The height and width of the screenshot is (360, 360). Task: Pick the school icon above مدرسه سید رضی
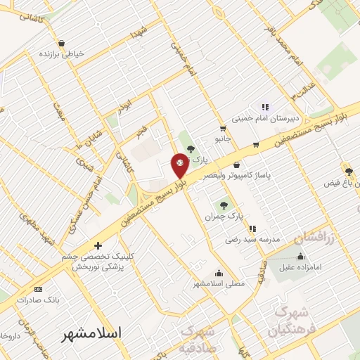click(252, 228)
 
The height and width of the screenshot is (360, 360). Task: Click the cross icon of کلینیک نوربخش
click(98, 245)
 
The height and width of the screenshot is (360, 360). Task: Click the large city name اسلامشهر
click(91, 332)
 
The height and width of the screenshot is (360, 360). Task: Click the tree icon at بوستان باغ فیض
click(349, 171)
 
